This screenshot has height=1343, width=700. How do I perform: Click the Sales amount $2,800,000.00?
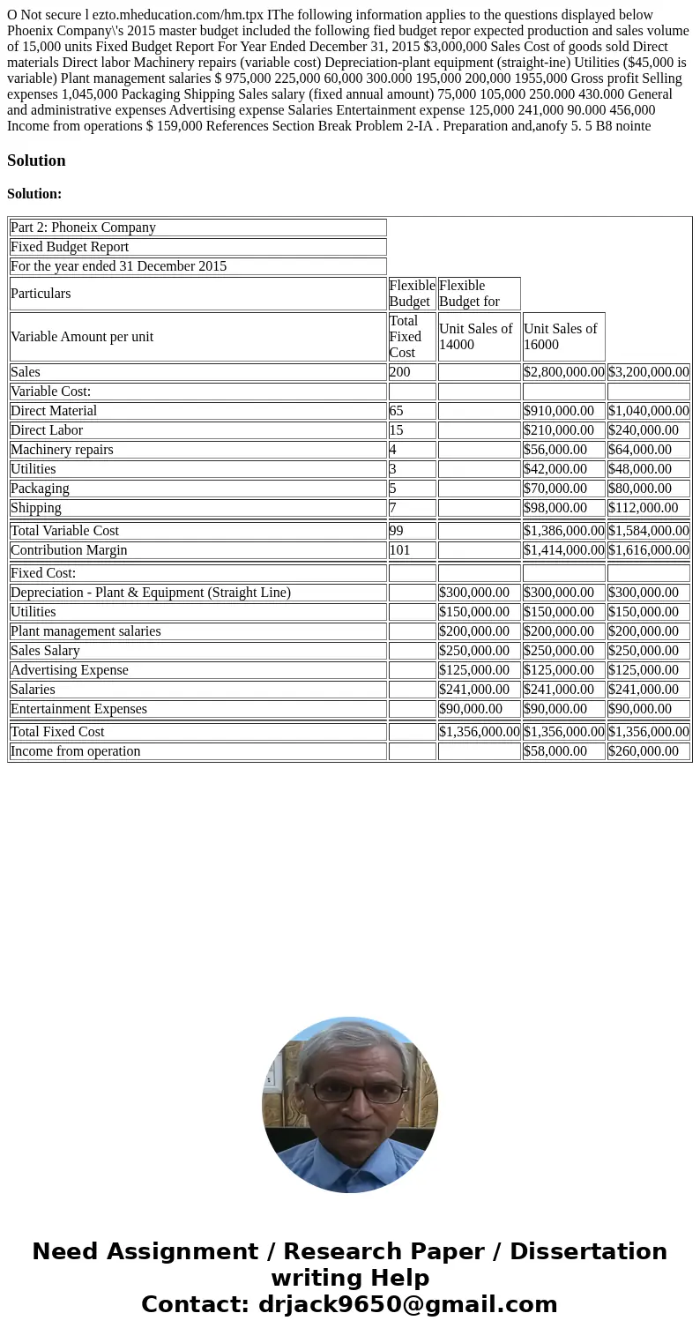[x=563, y=372]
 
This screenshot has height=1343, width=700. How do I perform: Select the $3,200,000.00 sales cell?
[x=648, y=372]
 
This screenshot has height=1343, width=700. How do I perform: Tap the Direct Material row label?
[x=54, y=411]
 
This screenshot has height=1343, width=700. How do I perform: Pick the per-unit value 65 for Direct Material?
[x=398, y=411]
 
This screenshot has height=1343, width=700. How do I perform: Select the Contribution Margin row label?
[x=69, y=550]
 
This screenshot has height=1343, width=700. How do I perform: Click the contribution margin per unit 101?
[x=401, y=550]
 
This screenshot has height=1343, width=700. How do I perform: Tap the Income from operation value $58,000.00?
[x=555, y=751]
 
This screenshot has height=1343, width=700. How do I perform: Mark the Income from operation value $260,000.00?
[x=644, y=751]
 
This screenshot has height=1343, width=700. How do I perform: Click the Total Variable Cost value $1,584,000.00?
[x=648, y=531]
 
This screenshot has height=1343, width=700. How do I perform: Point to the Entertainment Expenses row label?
[x=78, y=709]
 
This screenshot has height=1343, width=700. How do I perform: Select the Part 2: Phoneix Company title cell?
[x=83, y=228]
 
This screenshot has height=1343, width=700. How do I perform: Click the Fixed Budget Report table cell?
[x=70, y=247]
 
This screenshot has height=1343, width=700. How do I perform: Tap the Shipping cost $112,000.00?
[x=644, y=508]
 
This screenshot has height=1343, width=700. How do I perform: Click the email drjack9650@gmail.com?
[x=407, y=1304]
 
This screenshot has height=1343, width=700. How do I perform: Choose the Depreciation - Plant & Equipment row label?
[x=151, y=593]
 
